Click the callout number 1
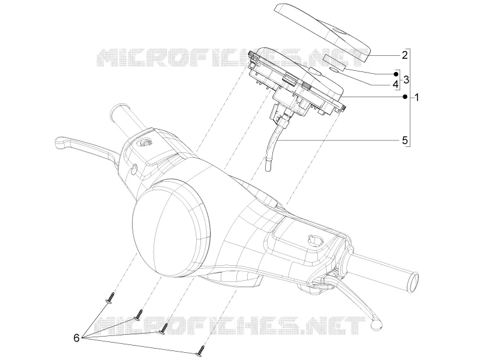(x=416, y=98)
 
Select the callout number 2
(x=404, y=55)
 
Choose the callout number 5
(x=404, y=140)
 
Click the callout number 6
(x=76, y=338)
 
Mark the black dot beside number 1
(x=405, y=97)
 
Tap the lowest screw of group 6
(x=200, y=351)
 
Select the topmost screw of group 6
(x=110, y=298)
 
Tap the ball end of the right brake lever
(x=376, y=323)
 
